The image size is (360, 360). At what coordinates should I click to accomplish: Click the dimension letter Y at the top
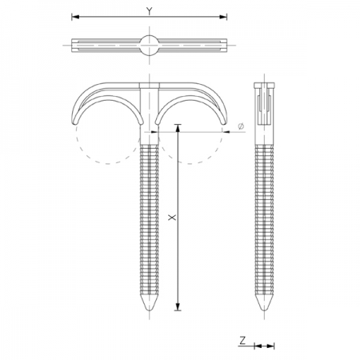(149, 10)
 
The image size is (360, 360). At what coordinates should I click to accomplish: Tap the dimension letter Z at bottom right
(242, 340)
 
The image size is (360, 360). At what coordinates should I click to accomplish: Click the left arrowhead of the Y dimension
(76, 16)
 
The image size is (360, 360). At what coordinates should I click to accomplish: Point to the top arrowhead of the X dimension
(177, 129)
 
